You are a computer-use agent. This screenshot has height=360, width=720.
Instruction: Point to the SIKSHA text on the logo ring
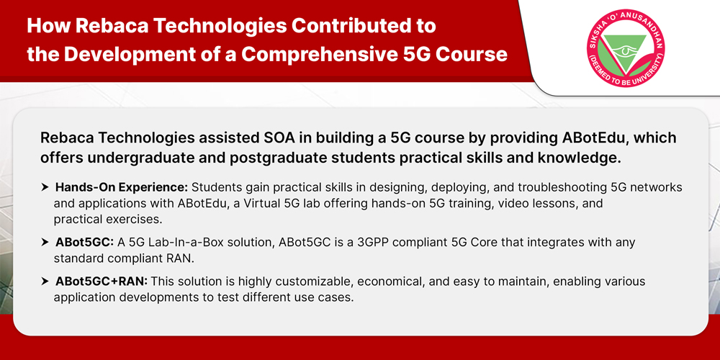coord(597,35)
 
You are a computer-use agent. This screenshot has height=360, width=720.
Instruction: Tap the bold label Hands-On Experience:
coord(122,188)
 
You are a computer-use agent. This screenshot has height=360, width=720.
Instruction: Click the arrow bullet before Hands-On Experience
coord(45,187)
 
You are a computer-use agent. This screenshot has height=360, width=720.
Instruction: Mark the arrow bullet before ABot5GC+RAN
coord(45,282)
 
